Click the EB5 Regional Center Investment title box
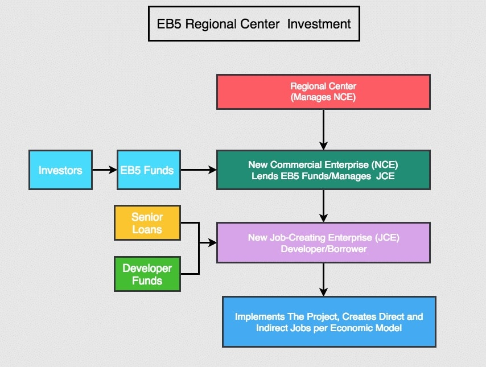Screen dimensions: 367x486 click(254, 24)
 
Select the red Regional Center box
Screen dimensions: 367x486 click(323, 92)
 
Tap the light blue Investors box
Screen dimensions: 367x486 click(60, 170)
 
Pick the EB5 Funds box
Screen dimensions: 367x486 click(148, 170)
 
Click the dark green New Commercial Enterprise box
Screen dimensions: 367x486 click(323, 170)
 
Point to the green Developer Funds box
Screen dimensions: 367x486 click(147, 274)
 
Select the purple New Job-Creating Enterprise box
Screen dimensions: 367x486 click(323, 243)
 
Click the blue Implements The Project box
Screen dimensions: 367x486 click(329, 321)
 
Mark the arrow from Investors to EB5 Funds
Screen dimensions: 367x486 click(104, 170)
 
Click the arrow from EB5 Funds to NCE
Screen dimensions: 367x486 click(198, 170)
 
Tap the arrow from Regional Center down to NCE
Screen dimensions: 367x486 click(323, 129)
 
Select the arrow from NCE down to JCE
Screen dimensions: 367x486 click(323, 205)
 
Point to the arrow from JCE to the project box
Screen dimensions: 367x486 click(323, 279)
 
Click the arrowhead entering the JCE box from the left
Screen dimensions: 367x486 click(213, 243)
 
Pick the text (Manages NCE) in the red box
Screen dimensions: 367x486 click(323, 97)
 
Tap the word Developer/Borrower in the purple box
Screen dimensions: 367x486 click(323, 249)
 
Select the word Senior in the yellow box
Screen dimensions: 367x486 click(147, 217)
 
